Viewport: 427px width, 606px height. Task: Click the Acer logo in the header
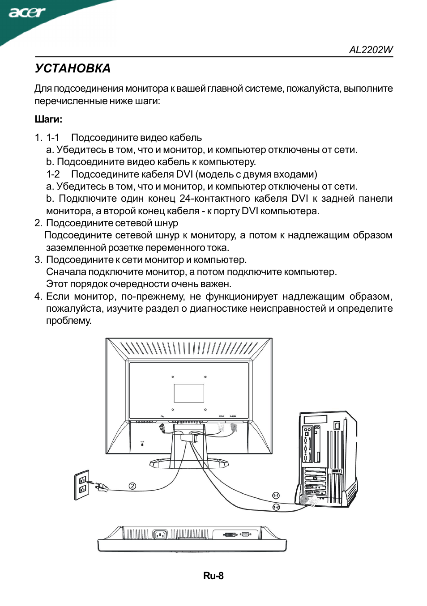click(x=27, y=12)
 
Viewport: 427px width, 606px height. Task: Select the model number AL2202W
click(x=371, y=50)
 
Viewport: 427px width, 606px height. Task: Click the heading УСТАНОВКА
click(x=73, y=68)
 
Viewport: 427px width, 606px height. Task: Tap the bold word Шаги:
click(x=48, y=119)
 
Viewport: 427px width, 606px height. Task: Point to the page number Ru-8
click(x=213, y=576)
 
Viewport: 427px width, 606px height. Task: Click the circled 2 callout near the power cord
click(x=132, y=486)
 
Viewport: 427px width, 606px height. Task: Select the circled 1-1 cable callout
click(x=276, y=496)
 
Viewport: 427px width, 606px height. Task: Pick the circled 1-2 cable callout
click(x=276, y=507)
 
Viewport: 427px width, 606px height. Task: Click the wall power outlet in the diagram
click(x=82, y=485)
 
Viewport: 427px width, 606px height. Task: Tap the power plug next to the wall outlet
click(x=101, y=487)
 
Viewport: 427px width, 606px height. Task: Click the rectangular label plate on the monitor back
click(x=189, y=393)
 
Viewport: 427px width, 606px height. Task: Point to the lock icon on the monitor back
click(x=142, y=444)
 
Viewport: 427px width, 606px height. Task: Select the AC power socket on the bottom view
click(x=160, y=534)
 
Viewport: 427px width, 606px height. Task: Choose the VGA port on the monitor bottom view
click(x=245, y=534)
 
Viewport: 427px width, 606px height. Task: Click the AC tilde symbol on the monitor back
click(x=162, y=416)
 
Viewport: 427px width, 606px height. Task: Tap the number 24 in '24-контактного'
click(x=185, y=199)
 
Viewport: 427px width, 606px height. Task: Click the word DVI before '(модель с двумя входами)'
click(x=184, y=174)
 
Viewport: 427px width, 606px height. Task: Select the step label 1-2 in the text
click(x=53, y=174)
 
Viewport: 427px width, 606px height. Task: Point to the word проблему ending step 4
click(x=68, y=321)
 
